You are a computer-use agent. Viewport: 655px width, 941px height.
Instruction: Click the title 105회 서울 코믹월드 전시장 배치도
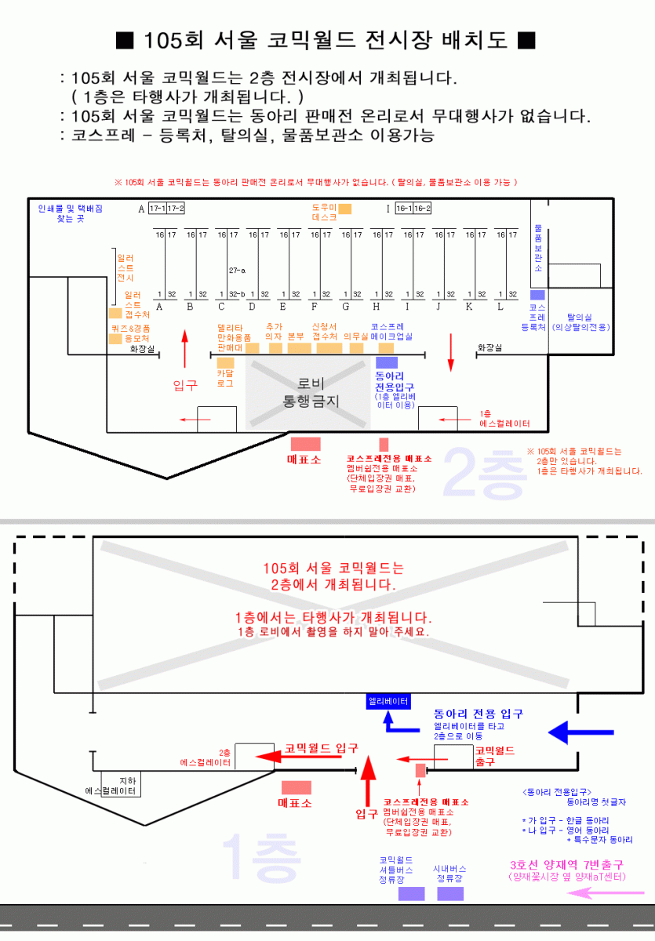[x=326, y=40]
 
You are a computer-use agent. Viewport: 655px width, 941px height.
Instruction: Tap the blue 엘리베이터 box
[x=388, y=702]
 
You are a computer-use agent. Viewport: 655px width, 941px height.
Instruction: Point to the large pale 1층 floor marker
[x=261, y=856]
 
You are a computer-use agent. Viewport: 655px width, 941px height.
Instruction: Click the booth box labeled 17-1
[x=157, y=209]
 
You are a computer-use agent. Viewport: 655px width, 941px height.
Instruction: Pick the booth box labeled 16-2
[x=422, y=209]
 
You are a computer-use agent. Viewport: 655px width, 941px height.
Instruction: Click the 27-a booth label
[x=237, y=270]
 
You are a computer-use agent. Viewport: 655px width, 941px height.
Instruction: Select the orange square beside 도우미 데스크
[x=345, y=209]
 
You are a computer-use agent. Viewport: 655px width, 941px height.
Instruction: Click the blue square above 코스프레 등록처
[x=537, y=295]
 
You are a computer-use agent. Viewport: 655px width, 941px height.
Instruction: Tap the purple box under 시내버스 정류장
[x=450, y=893]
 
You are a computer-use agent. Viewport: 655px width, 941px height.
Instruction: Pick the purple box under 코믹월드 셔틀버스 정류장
[x=411, y=893]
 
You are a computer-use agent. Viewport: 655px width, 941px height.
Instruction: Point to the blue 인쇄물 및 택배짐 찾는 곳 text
[x=70, y=213]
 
